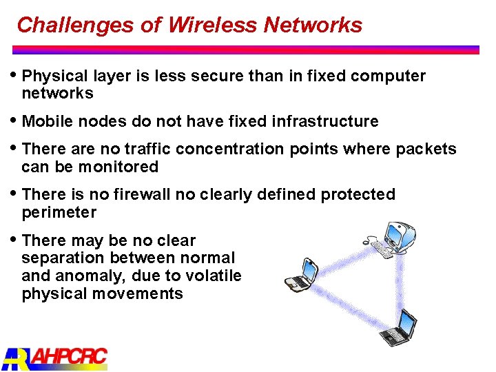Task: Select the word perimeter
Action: [x=59, y=212]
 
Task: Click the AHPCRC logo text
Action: [x=69, y=357]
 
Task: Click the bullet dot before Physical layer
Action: [x=16, y=74]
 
